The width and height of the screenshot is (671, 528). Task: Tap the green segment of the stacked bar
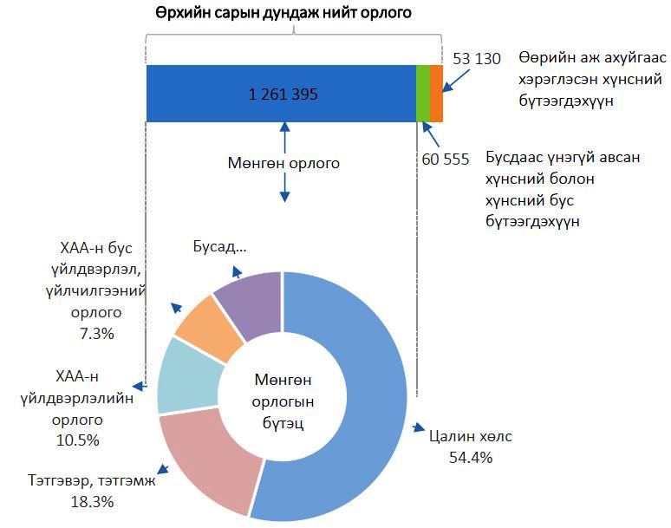[423, 94]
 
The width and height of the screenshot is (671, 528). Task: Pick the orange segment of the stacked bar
[437, 94]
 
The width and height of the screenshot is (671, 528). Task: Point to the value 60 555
[445, 159]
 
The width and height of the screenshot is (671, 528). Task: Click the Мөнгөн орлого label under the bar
[283, 162]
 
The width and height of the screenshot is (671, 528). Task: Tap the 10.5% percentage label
[78, 440]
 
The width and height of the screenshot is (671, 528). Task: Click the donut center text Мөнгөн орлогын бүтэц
[283, 401]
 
